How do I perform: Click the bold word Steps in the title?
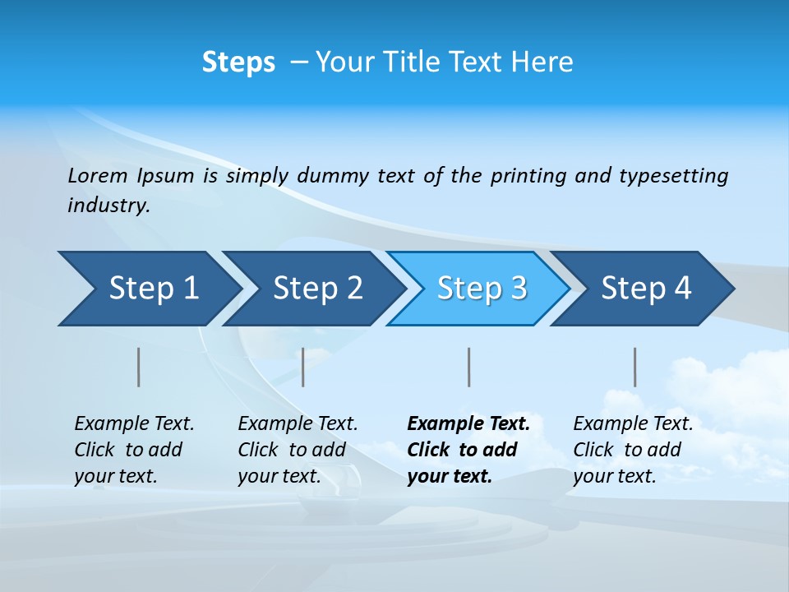(x=238, y=62)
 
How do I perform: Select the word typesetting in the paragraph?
(x=673, y=176)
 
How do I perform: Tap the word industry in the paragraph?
(x=108, y=205)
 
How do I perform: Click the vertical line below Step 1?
(x=139, y=367)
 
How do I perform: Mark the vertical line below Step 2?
(x=303, y=367)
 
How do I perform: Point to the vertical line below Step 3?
(x=468, y=367)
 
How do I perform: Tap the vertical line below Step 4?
(x=634, y=367)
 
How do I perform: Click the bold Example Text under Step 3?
(x=468, y=424)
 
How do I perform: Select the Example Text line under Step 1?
(x=134, y=424)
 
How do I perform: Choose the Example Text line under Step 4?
(x=633, y=424)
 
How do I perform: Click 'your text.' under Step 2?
(x=279, y=476)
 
